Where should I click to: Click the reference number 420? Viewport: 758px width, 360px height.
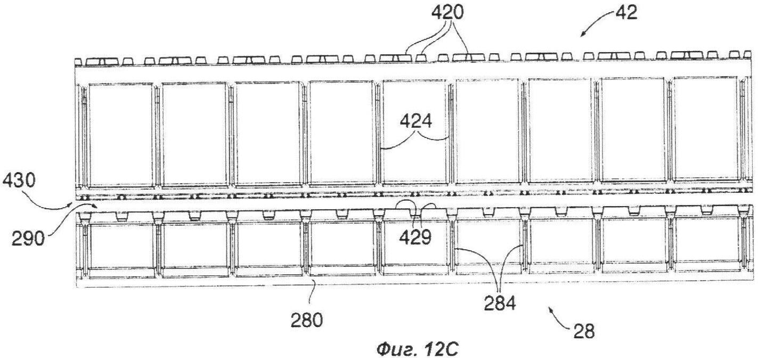447,13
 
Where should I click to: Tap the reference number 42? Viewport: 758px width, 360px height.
626,13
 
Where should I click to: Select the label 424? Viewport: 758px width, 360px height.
416,121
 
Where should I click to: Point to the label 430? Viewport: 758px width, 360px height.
19,181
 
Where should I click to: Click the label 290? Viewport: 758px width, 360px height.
28,239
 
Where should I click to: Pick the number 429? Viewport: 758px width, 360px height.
415,237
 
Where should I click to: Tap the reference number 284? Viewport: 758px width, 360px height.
500,303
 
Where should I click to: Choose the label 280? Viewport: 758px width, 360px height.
307,320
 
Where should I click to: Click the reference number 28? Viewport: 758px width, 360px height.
584,331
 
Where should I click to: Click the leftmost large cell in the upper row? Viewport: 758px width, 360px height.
120,135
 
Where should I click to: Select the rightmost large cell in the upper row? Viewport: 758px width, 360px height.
705,128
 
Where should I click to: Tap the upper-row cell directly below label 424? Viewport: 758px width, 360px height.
415,132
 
